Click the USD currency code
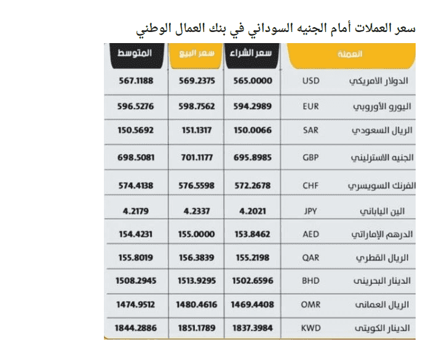click(311, 81)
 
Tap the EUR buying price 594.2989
click(252, 106)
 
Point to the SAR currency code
click(311, 131)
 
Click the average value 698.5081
click(135, 157)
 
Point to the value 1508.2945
click(135, 281)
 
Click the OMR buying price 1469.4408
click(252, 304)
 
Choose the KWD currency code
click(311, 328)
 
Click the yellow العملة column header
click(349, 55)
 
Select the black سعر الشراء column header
click(253, 55)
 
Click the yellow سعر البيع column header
click(194, 55)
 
